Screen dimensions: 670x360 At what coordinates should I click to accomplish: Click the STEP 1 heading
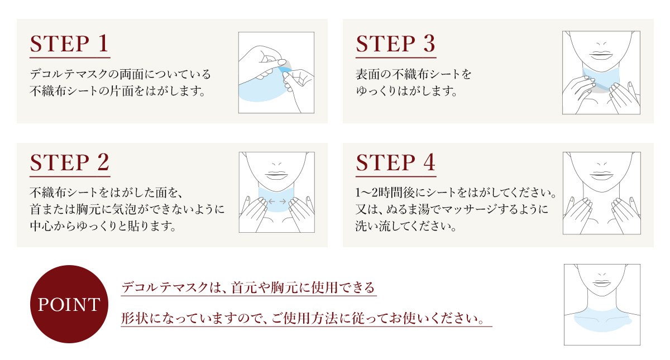tap(69, 44)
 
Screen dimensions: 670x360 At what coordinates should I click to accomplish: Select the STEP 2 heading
tap(70, 162)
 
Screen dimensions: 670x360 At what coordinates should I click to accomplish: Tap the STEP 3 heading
tap(395, 44)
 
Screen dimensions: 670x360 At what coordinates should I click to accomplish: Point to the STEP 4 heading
tap(395, 162)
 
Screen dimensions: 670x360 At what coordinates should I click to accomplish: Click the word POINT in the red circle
tap(69, 305)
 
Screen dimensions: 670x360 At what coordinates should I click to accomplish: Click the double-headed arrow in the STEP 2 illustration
tap(277, 201)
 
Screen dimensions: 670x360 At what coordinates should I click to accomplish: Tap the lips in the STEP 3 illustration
tap(601, 55)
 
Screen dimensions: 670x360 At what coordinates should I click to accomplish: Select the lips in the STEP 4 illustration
tap(601, 175)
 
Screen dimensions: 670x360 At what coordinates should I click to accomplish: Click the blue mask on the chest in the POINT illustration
tap(601, 320)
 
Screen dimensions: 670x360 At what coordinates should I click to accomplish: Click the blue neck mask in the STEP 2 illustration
tap(277, 199)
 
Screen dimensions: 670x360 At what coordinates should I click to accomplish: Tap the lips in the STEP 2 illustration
tap(277, 175)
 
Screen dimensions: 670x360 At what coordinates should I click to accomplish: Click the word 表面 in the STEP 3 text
tap(367, 74)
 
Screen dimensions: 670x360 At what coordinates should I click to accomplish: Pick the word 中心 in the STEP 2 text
tap(41, 226)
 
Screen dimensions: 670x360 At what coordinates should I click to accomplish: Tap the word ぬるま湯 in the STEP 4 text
tap(408, 209)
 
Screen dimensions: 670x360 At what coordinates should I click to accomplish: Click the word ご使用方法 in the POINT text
tap(303, 318)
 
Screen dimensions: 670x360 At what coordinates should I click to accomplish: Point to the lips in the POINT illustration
tap(601, 283)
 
